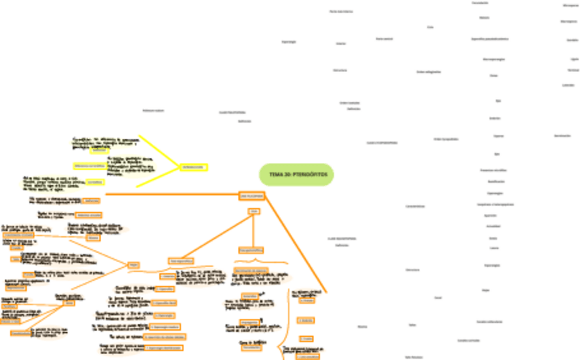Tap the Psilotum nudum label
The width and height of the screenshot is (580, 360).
point(153,110)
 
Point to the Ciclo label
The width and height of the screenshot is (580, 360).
point(430,27)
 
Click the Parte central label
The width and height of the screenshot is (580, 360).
point(384,39)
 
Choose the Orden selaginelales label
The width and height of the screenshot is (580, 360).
point(428,71)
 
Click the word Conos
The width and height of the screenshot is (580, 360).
point(493,75)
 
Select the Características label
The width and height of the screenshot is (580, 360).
point(415,206)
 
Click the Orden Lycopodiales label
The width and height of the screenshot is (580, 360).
point(445,139)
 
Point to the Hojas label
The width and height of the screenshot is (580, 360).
point(485,290)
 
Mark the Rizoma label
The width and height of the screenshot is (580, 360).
point(362,326)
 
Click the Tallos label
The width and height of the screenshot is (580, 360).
point(412,325)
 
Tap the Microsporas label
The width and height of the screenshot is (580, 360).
point(570,5)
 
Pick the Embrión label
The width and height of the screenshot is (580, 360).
point(495,118)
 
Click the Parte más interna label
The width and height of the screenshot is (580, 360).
point(341,12)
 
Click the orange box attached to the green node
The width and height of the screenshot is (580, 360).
point(251,196)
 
